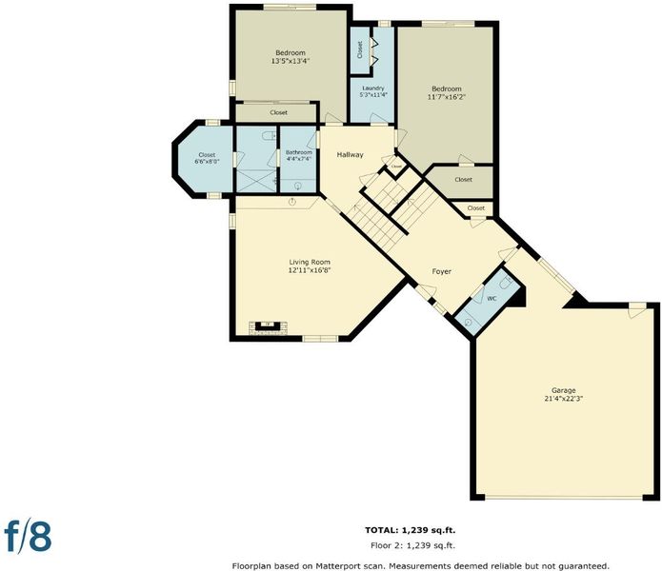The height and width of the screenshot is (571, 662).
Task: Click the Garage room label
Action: pos(563,390)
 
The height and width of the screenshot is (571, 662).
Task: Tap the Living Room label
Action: pos(310,263)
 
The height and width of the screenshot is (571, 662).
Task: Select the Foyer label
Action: pos(442,271)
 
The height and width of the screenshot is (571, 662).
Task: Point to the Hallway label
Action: pos(350,155)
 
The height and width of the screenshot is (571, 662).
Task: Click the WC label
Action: pos(491,299)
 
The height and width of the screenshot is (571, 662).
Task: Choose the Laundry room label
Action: pos(373,89)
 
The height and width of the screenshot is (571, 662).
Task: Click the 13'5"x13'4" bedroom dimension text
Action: pos(291,61)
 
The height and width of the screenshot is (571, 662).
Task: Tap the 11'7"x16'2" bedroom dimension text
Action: pos(447,96)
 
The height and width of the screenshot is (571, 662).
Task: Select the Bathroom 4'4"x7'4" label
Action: pos(299,156)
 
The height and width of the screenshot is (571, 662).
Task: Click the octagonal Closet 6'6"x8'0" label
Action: pos(207,158)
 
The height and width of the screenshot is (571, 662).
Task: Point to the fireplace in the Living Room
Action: pos(268,326)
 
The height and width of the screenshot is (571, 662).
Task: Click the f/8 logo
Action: pos(28,537)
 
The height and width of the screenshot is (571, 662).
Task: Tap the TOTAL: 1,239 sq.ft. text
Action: pos(410,530)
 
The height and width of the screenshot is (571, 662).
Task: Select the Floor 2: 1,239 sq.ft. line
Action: pos(412,545)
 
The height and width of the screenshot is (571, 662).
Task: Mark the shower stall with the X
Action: pos(256,181)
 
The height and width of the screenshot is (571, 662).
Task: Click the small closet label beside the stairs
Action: pos(397,167)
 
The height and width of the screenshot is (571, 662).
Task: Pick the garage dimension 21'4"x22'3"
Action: pos(564,399)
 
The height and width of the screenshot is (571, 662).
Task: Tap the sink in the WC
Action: pos(469,322)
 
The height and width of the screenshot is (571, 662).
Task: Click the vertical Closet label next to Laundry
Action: pos(360,49)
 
